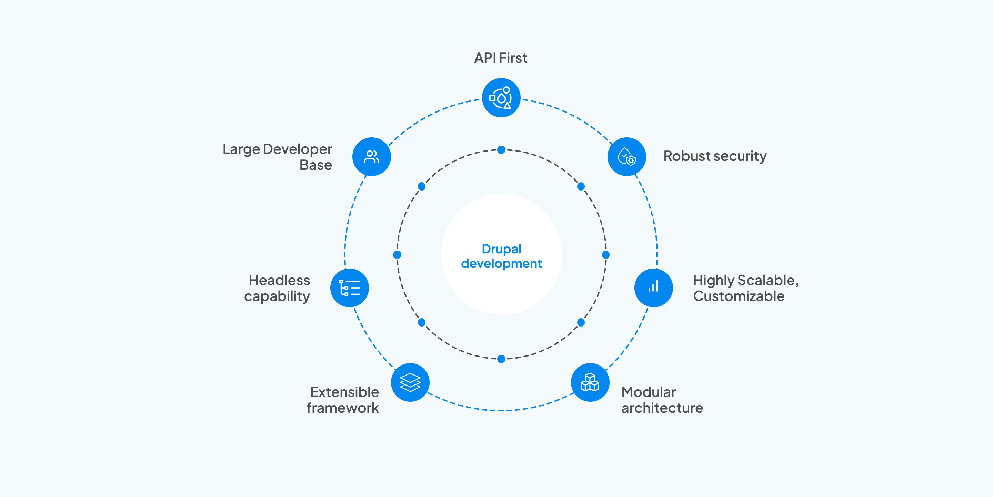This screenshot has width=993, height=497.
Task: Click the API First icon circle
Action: [x=501, y=98]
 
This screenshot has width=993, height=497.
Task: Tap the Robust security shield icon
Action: [x=627, y=157]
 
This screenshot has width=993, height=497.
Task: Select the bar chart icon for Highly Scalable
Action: [x=653, y=288]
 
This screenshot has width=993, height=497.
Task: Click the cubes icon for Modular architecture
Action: [x=590, y=382]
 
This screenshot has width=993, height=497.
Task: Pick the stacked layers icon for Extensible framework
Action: [x=410, y=382]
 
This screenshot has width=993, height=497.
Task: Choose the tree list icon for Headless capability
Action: [x=350, y=288]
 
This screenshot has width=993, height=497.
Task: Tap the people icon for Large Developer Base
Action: [x=372, y=157]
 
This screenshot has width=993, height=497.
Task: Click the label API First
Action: [x=500, y=58]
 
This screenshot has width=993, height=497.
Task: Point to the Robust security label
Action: [x=715, y=156]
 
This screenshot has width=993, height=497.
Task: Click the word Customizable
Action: [x=739, y=296]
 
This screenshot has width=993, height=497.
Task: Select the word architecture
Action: [x=662, y=408]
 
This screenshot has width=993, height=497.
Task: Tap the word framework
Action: [x=343, y=408]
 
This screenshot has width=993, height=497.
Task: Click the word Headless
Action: [x=279, y=280]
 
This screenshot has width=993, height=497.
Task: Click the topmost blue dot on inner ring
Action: [x=501, y=150]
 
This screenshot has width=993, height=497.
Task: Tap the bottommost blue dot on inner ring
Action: [x=501, y=359]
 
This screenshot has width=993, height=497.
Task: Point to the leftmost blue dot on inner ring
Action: [x=397, y=255]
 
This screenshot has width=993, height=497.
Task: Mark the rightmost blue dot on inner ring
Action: [x=605, y=255]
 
